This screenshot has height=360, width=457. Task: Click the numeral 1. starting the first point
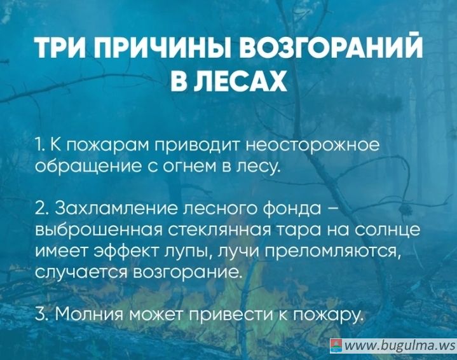tap(39, 145)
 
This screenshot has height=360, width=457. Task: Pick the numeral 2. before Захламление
tap(42, 209)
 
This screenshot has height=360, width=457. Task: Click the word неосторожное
tap(313, 145)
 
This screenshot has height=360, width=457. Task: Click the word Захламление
tap(116, 209)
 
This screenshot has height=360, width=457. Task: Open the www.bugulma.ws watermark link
tap(399, 346)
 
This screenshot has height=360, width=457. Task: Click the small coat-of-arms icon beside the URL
tap(336, 346)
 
